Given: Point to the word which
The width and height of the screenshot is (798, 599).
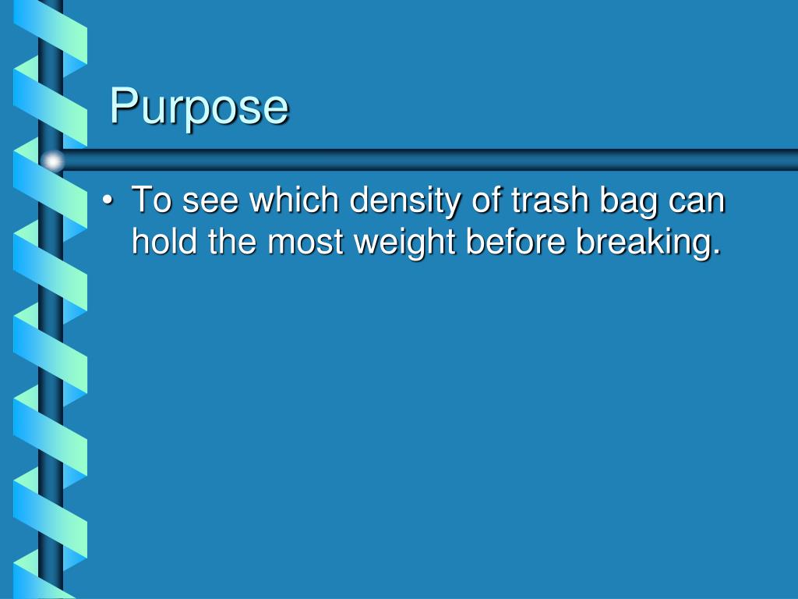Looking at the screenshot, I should pos(293,200).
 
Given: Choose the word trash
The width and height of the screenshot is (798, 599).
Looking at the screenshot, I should pos(547,200).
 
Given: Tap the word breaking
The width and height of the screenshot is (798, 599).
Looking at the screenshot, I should pos(641,243).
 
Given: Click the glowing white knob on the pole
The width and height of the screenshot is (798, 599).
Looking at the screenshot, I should pos(53,161).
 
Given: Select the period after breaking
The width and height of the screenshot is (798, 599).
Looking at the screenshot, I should pos(716,253).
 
